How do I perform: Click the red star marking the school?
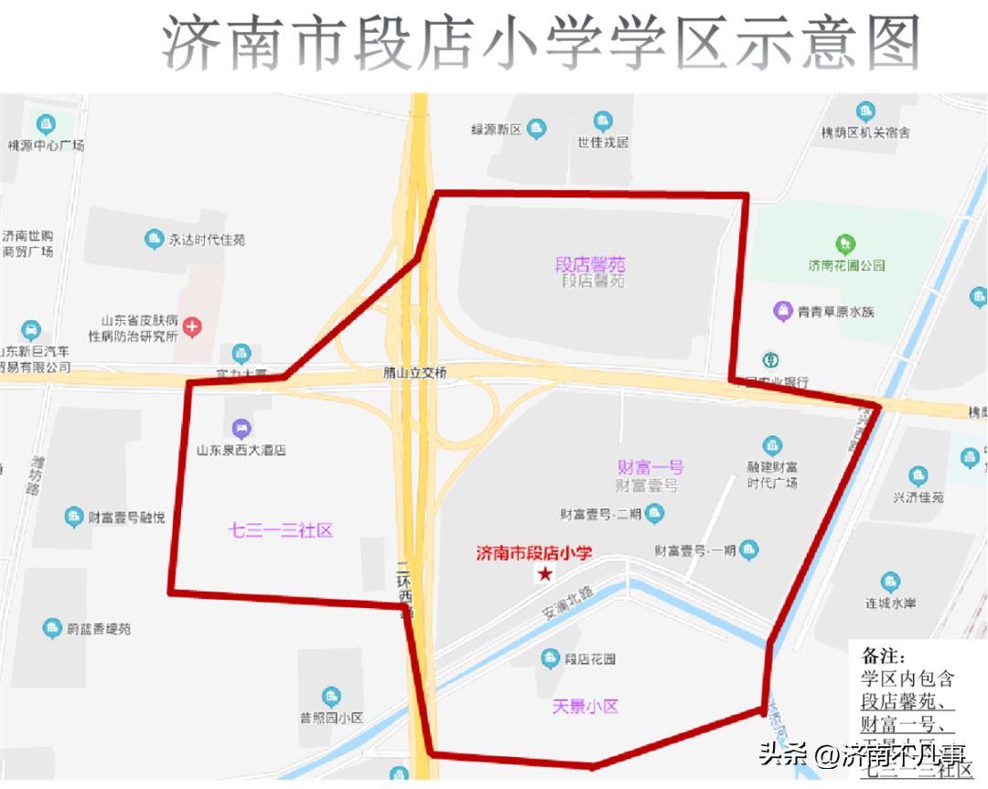pyautogui.click(x=545, y=574)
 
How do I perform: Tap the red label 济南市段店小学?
pyautogui.click(x=534, y=553)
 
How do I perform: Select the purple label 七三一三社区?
pyautogui.click(x=280, y=530)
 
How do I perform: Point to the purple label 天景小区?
pyautogui.click(x=585, y=706)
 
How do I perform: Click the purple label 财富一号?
pyautogui.click(x=650, y=467)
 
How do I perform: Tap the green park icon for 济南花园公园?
pyautogui.click(x=846, y=244)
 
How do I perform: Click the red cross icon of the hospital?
pyautogui.click(x=192, y=325)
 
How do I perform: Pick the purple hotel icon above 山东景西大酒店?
pyautogui.click(x=242, y=428)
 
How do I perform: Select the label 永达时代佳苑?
pyautogui.click(x=207, y=240)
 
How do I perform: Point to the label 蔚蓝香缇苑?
pyautogui.click(x=99, y=629)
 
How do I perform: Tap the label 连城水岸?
pyautogui.click(x=891, y=603)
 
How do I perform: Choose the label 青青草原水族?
pyautogui.click(x=835, y=312)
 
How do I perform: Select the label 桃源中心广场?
pyautogui.click(x=46, y=144)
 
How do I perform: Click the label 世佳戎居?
pyautogui.click(x=602, y=142)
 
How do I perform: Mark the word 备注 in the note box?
pyautogui.click(x=883, y=656)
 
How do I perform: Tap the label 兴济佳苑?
pyautogui.click(x=918, y=497)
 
